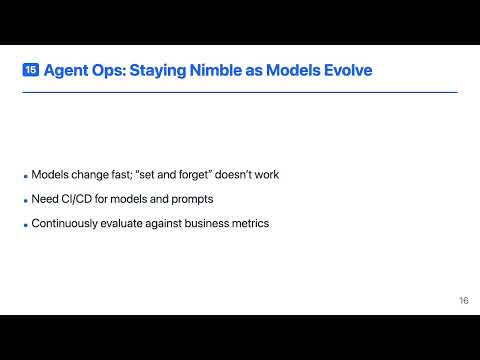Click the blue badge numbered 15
click(30, 71)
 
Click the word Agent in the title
click(66, 71)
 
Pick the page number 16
click(464, 300)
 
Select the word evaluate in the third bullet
click(127, 222)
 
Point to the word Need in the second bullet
click(43, 198)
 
